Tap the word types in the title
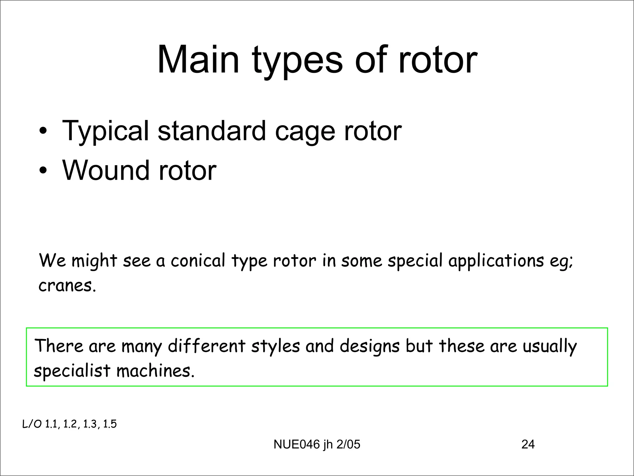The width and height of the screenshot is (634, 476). [x=297, y=62]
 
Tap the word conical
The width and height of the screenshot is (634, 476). [x=198, y=260]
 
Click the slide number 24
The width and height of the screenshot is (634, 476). [x=528, y=444]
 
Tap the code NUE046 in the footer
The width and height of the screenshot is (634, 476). [x=297, y=444]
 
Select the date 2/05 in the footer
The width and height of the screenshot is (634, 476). [x=348, y=444]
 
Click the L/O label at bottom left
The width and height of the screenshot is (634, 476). [x=32, y=424]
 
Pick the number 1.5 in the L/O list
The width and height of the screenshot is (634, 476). [x=110, y=424]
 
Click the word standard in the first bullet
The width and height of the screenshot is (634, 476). [x=212, y=131]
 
